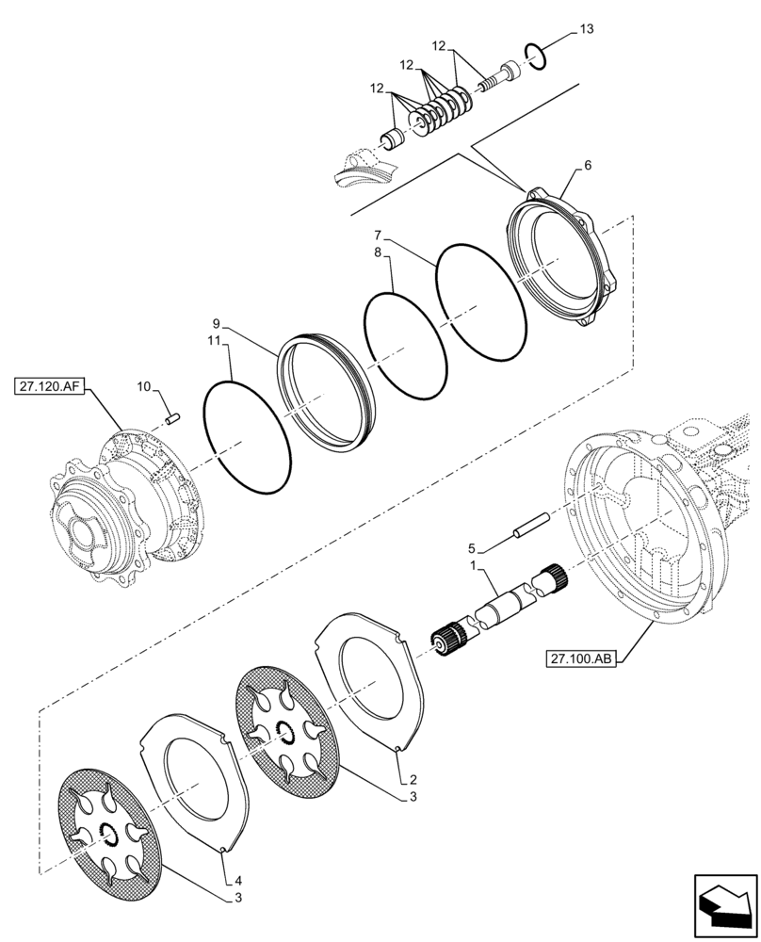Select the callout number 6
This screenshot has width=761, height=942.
pyautogui.click(x=588, y=165)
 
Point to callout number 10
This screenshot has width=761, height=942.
pyautogui.click(x=144, y=387)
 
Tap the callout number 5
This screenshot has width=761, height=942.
pyautogui.click(x=471, y=547)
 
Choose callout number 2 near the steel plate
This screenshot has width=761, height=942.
pyautogui.click(x=412, y=781)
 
